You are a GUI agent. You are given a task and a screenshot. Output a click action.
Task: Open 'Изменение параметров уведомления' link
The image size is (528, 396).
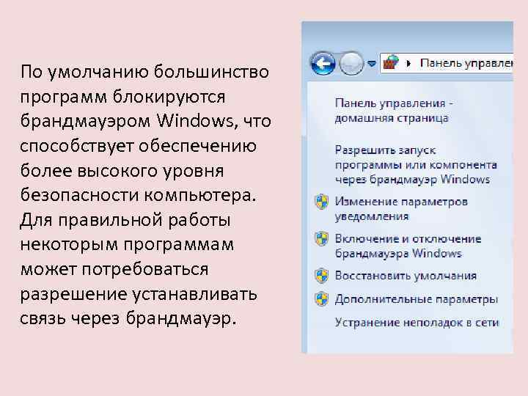(401, 208)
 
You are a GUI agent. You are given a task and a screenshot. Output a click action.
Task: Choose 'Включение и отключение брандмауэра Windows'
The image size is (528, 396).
(408, 246)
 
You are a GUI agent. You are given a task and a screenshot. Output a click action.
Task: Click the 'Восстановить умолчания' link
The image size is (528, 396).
(406, 276)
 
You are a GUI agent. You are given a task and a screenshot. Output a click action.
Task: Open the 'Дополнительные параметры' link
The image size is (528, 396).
(416, 299)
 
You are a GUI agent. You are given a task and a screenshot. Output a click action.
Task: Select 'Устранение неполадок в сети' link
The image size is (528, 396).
(417, 322)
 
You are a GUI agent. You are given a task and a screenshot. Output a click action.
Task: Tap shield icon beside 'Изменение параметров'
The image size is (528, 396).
(320, 202)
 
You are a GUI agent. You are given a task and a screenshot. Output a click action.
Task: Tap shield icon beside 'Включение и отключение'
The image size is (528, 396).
(320, 239)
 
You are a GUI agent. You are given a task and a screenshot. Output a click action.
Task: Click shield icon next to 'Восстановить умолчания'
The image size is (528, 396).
(320, 276)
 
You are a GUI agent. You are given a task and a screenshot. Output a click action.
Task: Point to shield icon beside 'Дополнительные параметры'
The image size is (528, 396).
(320, 298)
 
